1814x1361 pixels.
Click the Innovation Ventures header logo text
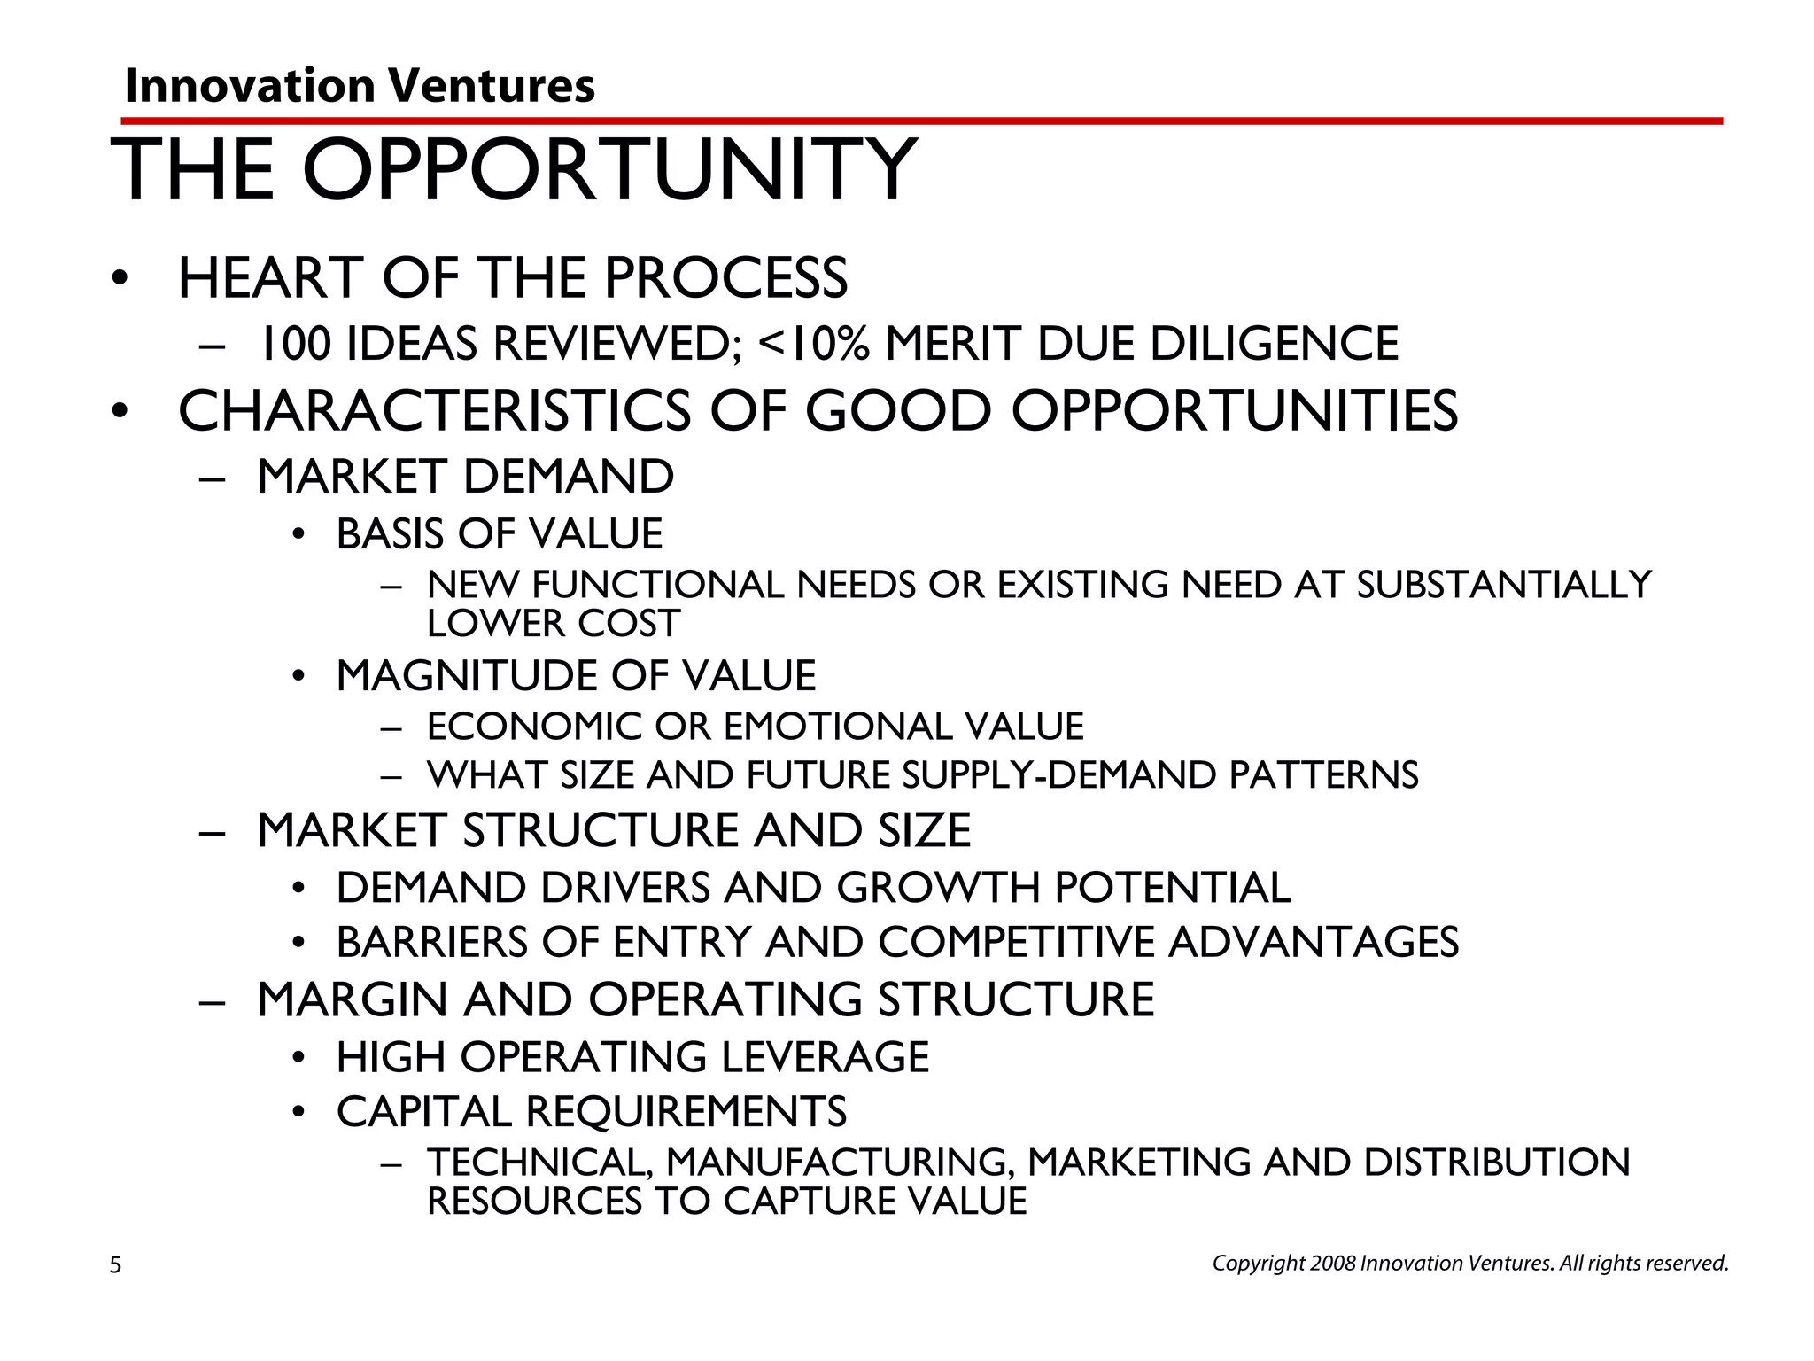pyautogui.click(x=360, y=87)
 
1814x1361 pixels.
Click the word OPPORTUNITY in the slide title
pyautogui.click(x=609, y=170)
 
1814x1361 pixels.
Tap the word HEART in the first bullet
pyautogui.click(x=271, y=278)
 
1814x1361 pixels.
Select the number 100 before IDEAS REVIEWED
pyautogui.click(x=294, y=344)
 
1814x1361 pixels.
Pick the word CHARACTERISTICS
pyautogui.click(x=434, y=411)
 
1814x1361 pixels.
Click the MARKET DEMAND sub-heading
pyautogui.click(x=465, y=477)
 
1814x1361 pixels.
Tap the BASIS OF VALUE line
pyautogui.click(x=499, y=534)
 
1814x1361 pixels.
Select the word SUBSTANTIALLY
pyautogui.click(x=1504, y=585)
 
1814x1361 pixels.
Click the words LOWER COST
pyautogui.click(x=553, y=624)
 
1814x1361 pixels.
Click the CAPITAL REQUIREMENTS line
pyautogui.click(x=591, y=1112)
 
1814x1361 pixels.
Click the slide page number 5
pyautogui.click(x=115, y=1265)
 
